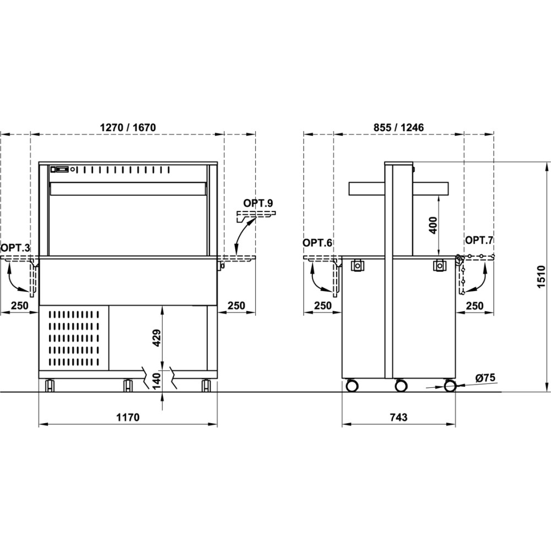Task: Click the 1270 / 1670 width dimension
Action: tap(128, 127)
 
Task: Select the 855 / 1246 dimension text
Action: tap(398, 127)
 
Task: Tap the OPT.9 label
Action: tap(258, 203)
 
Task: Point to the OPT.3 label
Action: tap(15, 248)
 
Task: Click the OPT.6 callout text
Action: tap(317, 242)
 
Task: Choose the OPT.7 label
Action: tap(479, 240)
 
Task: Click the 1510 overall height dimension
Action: tap(541, 277)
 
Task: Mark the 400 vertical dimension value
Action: tap(433, 225)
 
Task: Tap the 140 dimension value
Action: tap(156, 381)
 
